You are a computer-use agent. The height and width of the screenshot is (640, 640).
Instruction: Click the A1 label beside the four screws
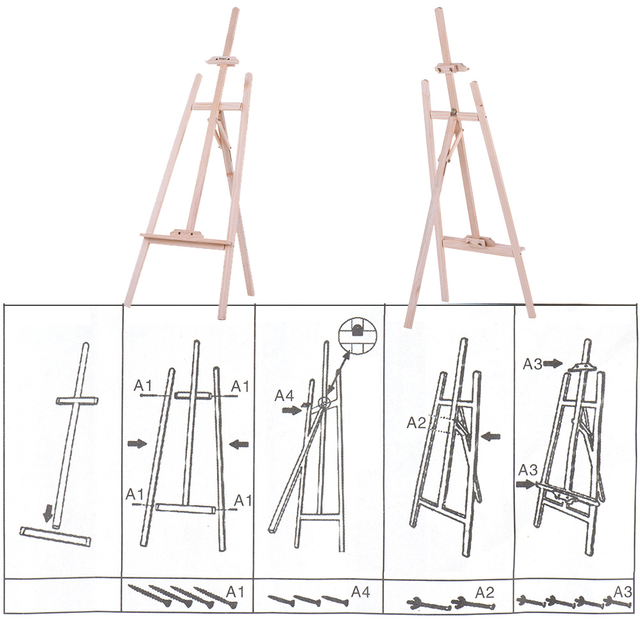click(235, 591)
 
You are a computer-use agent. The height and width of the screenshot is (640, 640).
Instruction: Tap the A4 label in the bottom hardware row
click(361, 591)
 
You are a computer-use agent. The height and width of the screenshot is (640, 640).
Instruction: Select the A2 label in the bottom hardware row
click(484, 592)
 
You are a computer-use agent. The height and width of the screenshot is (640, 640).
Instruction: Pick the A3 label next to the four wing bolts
click(623, 591)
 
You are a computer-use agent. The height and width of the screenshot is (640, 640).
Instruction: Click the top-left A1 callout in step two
click(143, 385)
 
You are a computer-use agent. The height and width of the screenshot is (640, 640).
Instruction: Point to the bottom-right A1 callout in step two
click(243, 500)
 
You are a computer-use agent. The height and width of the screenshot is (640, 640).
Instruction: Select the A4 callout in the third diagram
click(284, 396)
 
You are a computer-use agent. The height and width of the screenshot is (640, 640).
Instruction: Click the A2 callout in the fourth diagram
click(417, 423)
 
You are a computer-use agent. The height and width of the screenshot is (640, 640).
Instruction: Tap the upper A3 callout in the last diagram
click(532, 364)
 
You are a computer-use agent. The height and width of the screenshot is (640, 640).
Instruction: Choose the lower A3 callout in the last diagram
click(528, 470)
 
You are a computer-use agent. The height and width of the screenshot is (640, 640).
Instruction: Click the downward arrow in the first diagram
click(48, 513)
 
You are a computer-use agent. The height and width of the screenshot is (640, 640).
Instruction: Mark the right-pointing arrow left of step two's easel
click(137, 444)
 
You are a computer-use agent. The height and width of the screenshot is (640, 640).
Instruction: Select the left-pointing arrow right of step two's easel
click(239, 444)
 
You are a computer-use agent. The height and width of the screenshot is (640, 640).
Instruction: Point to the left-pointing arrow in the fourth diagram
click(491, 436)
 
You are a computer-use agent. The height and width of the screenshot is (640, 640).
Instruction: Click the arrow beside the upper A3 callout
click(553, 364)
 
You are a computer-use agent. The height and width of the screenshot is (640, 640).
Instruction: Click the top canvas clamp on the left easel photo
click(223, 60)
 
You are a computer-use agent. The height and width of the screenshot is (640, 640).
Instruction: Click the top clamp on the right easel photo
click(451, 68)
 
